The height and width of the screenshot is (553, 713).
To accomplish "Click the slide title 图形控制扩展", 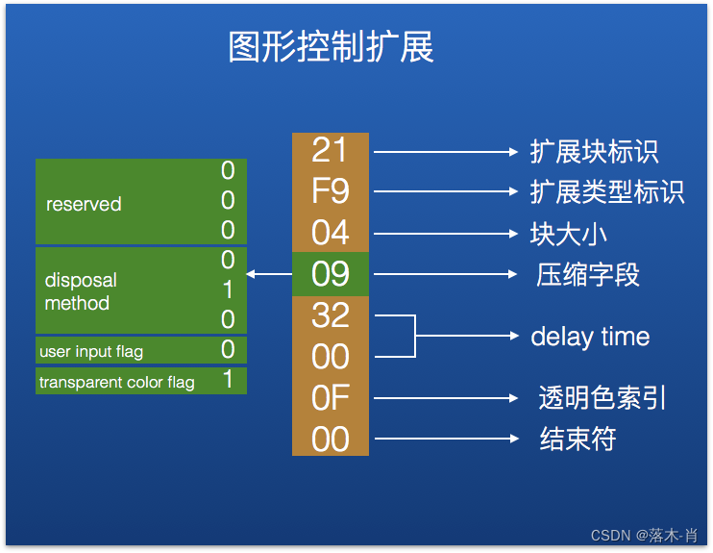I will pos(331,46).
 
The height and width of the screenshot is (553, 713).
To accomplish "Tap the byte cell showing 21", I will pos(330,151).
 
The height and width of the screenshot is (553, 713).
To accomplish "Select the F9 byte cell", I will pos(330,192).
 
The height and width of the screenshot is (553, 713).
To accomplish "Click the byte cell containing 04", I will pos(330,233).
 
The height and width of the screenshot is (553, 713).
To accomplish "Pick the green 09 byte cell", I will pos(330,274).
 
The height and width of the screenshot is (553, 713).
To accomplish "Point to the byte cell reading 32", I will pos(330,315).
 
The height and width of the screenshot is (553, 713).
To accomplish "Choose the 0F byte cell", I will pos(330,398).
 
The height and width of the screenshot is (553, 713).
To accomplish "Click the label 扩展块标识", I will pos(594,152).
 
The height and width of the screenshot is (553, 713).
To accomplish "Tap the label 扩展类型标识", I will pos(606,192).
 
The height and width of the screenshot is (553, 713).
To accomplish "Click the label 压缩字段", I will pos(587,275).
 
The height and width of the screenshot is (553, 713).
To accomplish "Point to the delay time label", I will pos(590,337).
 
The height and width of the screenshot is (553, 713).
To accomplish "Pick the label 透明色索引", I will pos(602,398).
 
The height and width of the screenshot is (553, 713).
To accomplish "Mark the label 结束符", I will pos(577,440).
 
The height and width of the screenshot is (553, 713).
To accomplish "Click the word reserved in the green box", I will pos(84,204).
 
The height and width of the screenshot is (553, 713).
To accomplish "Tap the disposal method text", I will pos(80,291).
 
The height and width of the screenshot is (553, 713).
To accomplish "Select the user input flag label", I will pos(91,352).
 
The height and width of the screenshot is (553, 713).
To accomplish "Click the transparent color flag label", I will pos(116,383).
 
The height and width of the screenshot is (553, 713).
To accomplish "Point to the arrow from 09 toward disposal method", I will pos(269,275).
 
